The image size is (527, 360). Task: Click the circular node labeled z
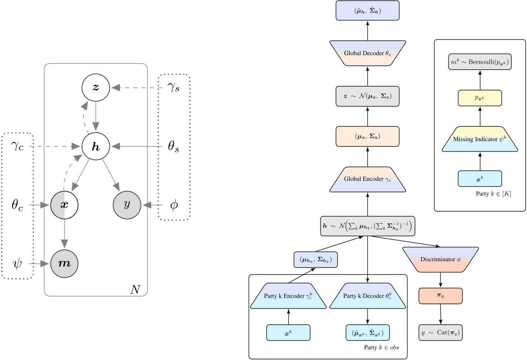pos(96,88)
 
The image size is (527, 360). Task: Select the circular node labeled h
pos(96,147)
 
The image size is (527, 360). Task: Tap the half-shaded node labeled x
pos(64,205)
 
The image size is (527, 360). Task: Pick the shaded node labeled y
pos(127,205)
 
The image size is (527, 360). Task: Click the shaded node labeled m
pos(64,264)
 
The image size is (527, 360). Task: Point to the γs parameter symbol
pos(173,88)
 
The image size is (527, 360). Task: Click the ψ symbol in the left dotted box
pos(17,264)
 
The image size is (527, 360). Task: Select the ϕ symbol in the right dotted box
pos(174,205)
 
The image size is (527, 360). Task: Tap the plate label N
pos(135,289)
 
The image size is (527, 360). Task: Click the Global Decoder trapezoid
pos(367,53)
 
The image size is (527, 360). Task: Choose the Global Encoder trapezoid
pos(367,179)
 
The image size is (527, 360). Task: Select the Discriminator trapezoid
pos(440,259)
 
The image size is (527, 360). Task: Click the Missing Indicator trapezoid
pos(480,139)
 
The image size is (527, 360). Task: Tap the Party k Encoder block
pos(288,296)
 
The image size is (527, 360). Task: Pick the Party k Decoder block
pos(367,296)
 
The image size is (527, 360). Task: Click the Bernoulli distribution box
pos(480,62)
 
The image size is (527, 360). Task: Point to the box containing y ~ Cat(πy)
pos(440,333)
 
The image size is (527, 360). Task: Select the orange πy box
pos(440,296)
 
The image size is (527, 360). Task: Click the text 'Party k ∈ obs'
pos(381,348)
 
